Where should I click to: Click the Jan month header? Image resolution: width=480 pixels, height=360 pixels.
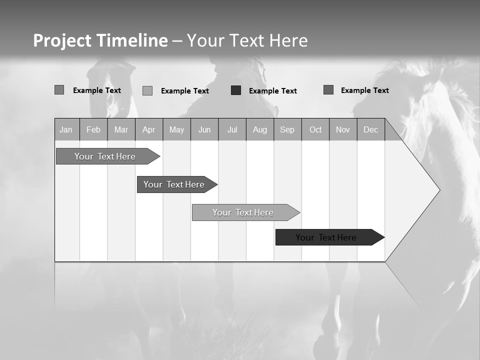tap(66, 129)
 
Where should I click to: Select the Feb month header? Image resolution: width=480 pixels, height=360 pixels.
tap(93, 129)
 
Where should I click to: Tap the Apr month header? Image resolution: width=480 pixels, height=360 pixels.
tap(148, 129)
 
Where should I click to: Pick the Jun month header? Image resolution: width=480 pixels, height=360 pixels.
tap(204, 129)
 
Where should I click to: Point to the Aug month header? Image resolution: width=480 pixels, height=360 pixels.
tap(259, 129)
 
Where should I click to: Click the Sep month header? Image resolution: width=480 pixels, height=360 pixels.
tap(287, 129)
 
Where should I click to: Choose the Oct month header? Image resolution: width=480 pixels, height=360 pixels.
tap(315, 129)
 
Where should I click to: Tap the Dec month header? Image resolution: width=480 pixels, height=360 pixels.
tap(370, 129)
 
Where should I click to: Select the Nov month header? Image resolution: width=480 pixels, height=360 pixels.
tap(343, 129)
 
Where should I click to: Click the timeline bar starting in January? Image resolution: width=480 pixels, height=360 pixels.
tap(105, 156)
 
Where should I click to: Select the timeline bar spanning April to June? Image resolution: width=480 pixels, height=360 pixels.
tap(174, 184)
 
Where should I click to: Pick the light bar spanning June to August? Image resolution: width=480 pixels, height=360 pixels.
tap(243, 212)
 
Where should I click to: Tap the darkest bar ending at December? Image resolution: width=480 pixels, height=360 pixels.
tap(326, 237)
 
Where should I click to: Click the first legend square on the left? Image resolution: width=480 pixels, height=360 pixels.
tap(59, 90)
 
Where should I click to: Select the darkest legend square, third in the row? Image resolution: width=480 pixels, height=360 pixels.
tap(236, 90)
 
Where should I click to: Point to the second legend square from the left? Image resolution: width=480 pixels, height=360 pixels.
tap(147, 90)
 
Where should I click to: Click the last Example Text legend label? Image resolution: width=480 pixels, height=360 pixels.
tap(364, 90)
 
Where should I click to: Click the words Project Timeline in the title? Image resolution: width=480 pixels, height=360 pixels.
tap(100, 40)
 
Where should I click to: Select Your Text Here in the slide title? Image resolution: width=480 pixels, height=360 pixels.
tap(247, 40)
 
